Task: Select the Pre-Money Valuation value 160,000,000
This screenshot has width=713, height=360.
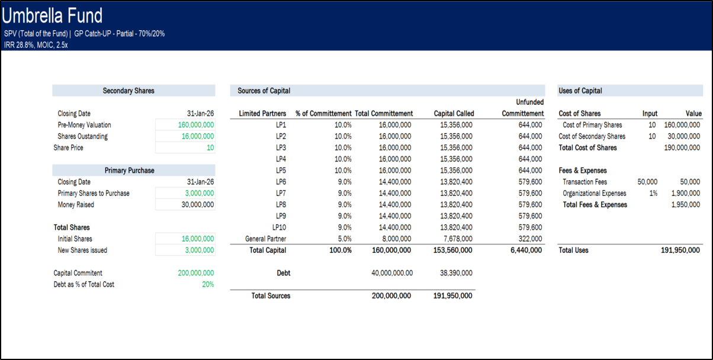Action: click(196, 125)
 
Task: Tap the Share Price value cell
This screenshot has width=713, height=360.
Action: click(210, 148)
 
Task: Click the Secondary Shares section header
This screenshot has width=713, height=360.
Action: click(129, 91)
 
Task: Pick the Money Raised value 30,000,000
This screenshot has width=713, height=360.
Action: click(196, 205)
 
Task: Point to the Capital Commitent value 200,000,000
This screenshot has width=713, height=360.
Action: click(196, 273)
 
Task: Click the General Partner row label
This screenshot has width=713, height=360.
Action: click(266, 239)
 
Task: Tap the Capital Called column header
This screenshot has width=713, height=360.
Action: click(454, 114)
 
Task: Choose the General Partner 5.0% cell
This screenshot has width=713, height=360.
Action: click(343, 239)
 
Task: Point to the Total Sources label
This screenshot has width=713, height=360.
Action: click(271, 295)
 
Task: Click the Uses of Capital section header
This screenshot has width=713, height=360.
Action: click(580, 91)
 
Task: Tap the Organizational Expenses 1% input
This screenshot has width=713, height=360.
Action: click(653, 194)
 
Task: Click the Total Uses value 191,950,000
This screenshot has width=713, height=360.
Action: click(680, 250)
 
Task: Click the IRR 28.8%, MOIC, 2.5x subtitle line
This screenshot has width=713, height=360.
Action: click(36, 44)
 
